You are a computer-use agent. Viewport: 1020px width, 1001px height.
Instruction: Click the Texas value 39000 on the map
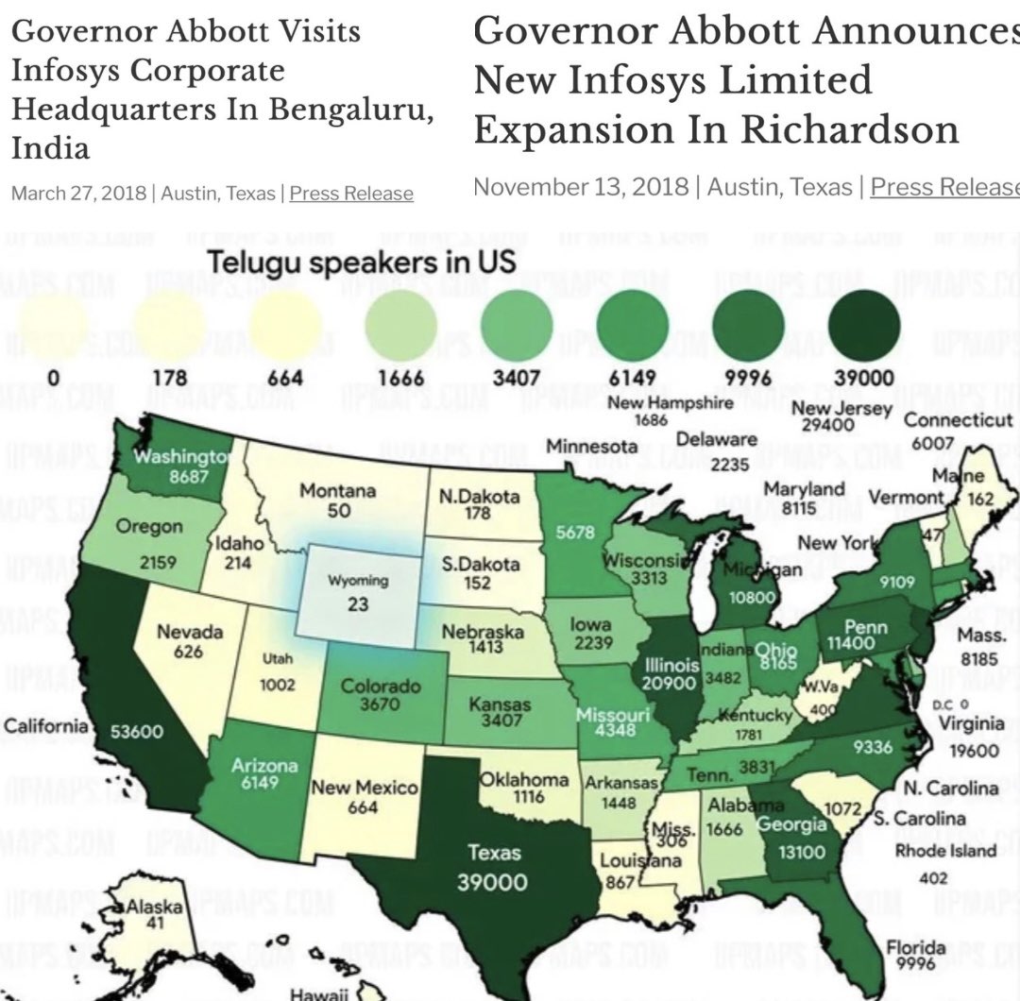point(492,882)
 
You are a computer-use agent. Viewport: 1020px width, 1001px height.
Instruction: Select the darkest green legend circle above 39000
point(863,327)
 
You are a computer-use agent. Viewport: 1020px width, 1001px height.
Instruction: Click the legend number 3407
point(516,379)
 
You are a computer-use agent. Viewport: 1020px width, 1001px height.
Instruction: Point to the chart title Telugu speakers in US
point(362,261)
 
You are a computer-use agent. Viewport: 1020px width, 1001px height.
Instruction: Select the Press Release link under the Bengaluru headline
point(351,194)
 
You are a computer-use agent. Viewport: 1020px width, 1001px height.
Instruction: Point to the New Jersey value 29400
point(827,425)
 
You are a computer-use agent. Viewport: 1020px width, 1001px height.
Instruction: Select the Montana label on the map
point(337,492)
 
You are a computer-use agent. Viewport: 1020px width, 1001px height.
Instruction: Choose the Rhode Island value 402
point(932,879)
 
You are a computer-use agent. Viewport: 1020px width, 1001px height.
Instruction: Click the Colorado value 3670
point(373,704)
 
